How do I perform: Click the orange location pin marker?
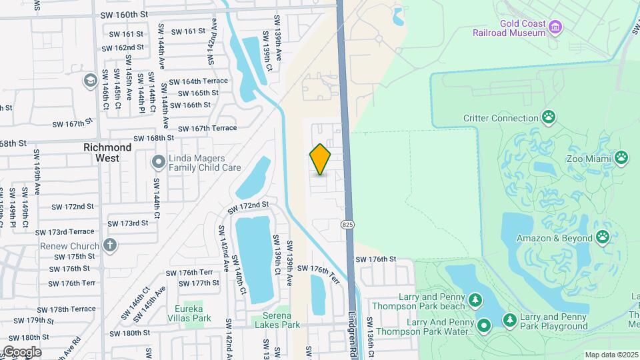(321, 159)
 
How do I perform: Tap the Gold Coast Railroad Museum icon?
(555, 26)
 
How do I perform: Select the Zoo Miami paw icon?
(621, 157)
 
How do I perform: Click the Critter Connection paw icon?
(548, 118)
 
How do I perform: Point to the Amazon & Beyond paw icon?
(603, 237)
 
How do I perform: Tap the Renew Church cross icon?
(110, 245)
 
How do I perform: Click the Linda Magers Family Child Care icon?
(158, 162)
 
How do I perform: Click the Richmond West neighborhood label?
(107, 153)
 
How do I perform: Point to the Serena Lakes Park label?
(277, 320)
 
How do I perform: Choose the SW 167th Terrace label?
(207, 127)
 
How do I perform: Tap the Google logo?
(22, 352)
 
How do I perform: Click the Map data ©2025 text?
(611, 355)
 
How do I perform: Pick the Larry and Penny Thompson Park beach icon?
(475, 301)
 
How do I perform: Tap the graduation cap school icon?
(89, 81)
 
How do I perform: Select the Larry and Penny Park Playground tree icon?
(510, 321)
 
